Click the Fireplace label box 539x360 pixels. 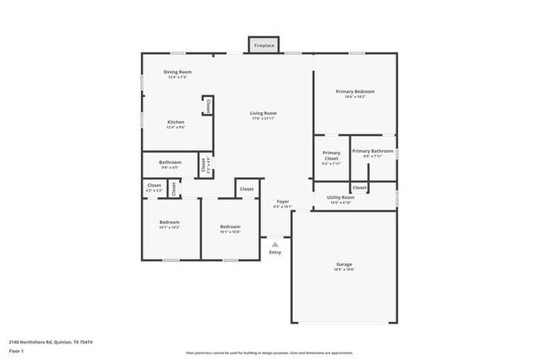coord(264,45)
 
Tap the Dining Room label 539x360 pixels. coord(177,72)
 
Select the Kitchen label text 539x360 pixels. coord(175,122)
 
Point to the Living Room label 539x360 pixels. coord(264,113)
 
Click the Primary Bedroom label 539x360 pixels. coord(355,91)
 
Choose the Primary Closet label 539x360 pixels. coord(331,153)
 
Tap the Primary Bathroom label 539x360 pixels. coord(372,151)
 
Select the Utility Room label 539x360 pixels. coord(342,197)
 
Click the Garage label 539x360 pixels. coord(343,265)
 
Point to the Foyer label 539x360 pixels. coord(283,202)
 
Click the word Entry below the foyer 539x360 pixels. coord(275,253)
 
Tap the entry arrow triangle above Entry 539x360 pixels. coord(275,244)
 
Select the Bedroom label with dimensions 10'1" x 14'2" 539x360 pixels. coord(169,222)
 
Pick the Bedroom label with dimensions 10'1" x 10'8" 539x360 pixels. coord(230,226)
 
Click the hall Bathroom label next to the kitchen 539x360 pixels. coord(170,163)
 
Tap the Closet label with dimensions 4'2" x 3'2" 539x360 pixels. coord(154,186)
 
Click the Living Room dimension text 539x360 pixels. coord(264,119)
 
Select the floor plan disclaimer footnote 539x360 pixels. coord(269,352)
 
